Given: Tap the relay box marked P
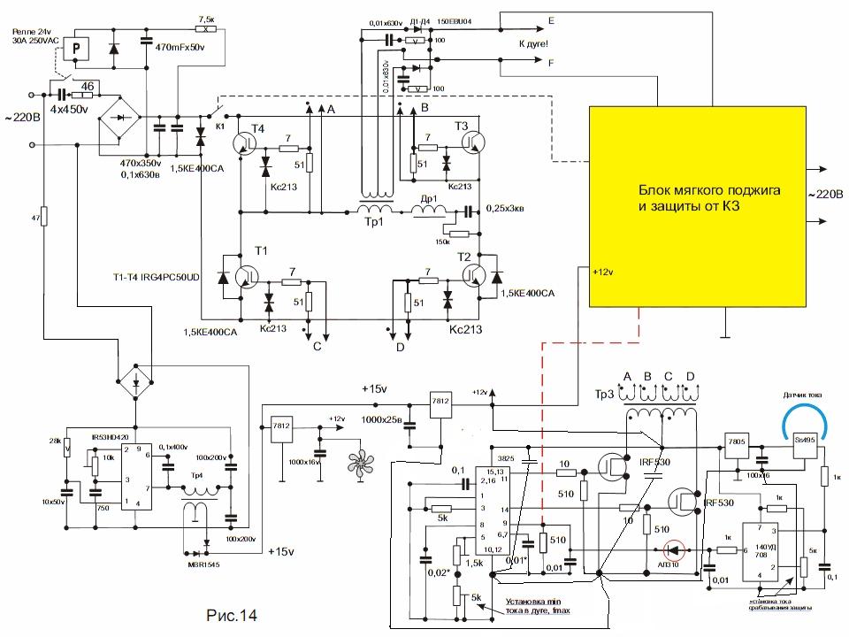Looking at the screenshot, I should click(79, 50).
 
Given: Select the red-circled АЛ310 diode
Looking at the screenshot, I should click(675, 552).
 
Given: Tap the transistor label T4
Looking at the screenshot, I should click(257, 129).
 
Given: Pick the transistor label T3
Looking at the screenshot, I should click(461, 127).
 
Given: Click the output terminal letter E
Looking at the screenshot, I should click(552, 19).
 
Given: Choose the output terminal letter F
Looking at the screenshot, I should click(552, 64).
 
